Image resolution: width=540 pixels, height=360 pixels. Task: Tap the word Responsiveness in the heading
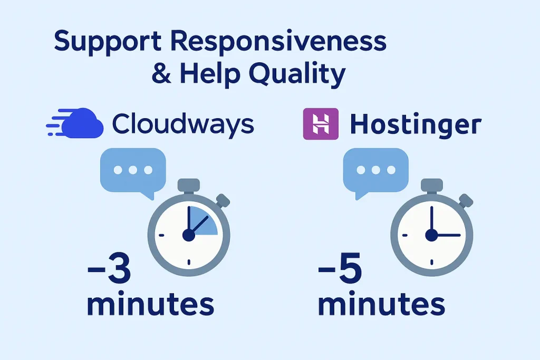278,41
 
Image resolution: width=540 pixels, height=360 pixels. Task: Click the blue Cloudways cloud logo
75,123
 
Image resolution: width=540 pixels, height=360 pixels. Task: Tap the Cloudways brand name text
183,124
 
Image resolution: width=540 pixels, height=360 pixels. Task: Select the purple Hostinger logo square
321,124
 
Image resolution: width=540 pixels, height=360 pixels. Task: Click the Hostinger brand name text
416,124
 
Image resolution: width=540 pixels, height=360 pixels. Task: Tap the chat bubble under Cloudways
133,170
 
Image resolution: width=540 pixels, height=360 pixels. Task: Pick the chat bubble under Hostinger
375,170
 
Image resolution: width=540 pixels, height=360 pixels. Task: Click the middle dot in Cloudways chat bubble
133,170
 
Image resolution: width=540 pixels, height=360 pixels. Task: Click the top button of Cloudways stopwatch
189,186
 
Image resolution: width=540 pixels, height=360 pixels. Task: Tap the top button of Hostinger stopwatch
432,186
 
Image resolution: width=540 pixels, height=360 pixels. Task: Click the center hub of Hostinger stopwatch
431,236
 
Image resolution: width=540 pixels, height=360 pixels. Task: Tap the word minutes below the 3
150,304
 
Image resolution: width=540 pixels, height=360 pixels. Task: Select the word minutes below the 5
381,304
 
